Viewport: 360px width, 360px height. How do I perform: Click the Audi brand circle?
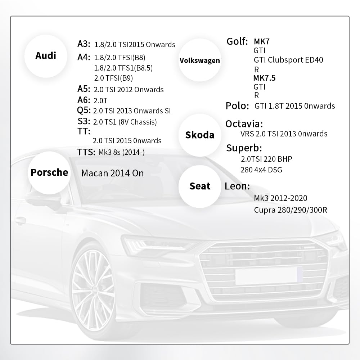point(46,56)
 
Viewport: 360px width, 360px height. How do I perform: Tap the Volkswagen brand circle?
point(199,60)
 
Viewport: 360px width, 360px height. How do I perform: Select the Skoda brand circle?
point(199,135)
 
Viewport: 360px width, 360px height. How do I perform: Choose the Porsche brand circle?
point(49,172)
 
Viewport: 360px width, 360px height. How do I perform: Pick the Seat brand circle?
point(200,186)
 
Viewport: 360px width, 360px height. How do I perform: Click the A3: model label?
point(85,44)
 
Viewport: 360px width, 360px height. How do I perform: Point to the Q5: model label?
point(84,110)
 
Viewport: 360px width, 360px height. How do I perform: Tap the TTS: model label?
point(86,152)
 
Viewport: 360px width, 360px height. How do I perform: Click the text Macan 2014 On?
point(112,173)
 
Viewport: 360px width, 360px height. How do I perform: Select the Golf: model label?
point(237,41)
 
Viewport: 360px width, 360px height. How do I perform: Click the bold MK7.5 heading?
point(264,78)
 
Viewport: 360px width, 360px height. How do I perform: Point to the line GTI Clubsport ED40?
point(288,60)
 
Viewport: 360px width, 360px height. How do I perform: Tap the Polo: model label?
point(237,106)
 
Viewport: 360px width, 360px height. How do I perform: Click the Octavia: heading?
point(244,124)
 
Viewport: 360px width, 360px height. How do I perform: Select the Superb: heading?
point(244,148)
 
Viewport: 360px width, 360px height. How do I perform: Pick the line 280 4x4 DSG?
point(261,170)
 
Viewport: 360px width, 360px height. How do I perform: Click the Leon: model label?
point(237,186)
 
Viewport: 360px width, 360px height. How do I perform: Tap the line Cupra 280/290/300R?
point(290,210)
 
